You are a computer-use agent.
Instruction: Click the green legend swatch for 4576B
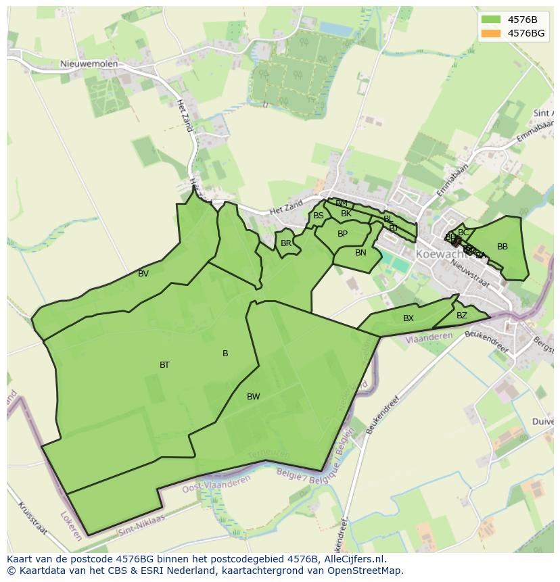(x=492, y=20)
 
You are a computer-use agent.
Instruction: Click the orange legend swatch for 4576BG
(x=492, y=33)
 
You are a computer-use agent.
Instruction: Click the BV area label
(x=143, y=274)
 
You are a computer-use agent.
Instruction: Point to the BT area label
(x=164, y=365)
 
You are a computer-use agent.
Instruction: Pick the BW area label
(x=253, y=397)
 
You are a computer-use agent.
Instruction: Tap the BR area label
(x=286, y=243)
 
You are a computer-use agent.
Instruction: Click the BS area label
(x=318, y=216)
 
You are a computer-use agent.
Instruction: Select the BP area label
(x=342, y=234)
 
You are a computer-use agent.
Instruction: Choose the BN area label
(x=360, y=253)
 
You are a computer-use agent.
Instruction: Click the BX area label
(x=409, y=318)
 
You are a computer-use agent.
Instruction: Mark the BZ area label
(x=461, y=316)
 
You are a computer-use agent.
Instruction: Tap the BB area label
(x=502, y=247)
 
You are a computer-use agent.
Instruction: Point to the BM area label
(x=342, y=203)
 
